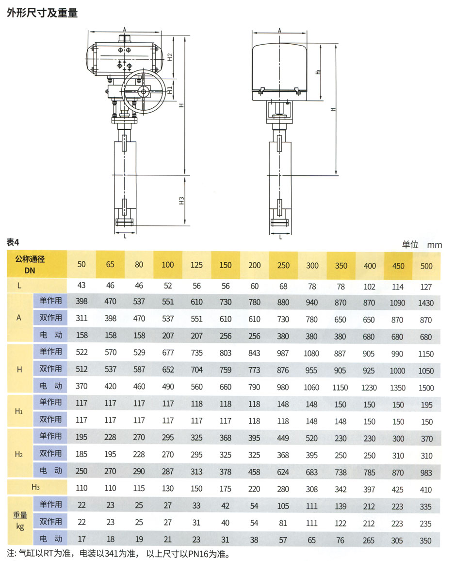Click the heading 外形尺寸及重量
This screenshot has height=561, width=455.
pos(42,13)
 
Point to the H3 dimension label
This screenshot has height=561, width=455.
pos(181,201)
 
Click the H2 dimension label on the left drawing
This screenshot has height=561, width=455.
pos(170,57)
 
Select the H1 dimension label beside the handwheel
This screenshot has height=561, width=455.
pos(170,89)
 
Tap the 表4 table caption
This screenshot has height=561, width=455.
pos(13,242)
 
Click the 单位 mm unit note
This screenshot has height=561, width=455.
pos(422,245)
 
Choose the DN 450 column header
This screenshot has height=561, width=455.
pos(398,266)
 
